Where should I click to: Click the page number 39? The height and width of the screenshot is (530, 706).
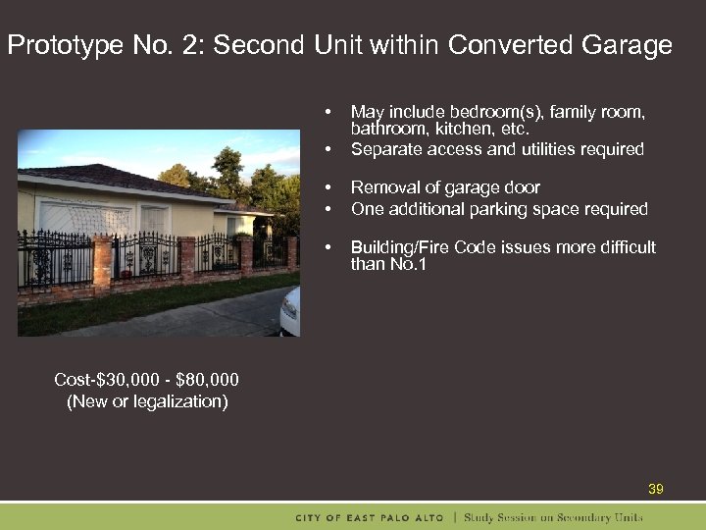pos(656,489)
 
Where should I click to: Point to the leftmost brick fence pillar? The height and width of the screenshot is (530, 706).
pos(102,261)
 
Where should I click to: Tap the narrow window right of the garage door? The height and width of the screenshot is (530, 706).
pos(154,221)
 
